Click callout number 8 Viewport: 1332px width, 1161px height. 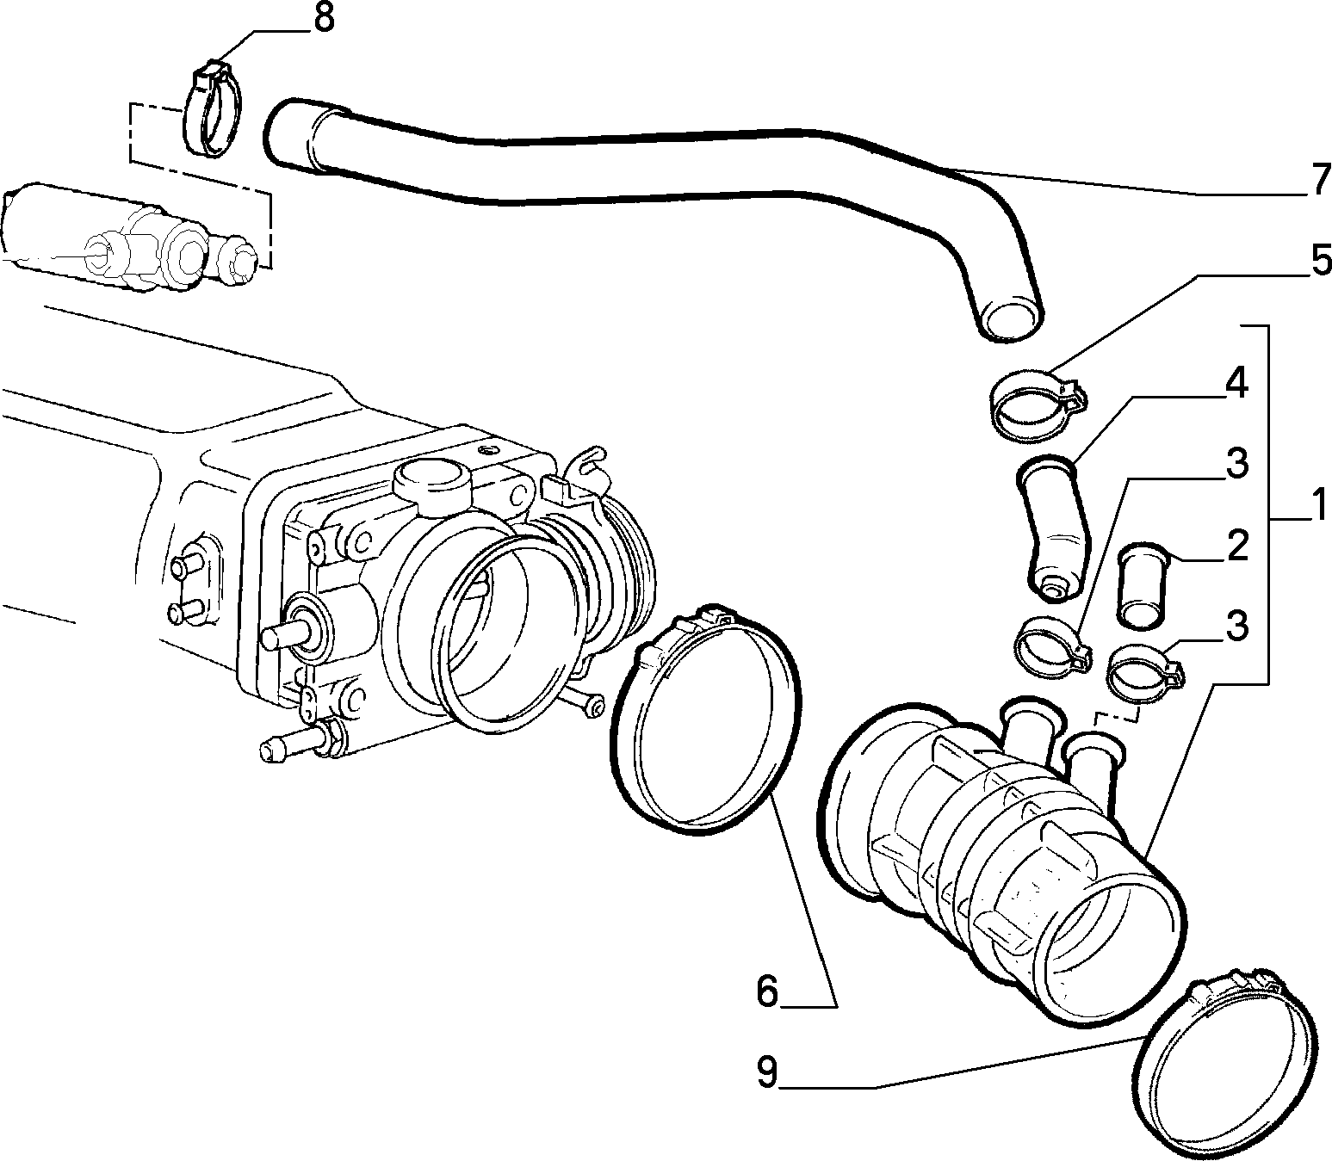[x=324, y=20]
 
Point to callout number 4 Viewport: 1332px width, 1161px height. [x=1236, y=383]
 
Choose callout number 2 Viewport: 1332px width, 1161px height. [x=1237, y=546]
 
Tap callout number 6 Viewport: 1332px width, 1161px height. [x=767, y=991]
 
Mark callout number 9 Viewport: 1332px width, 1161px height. [x=767, y=1072]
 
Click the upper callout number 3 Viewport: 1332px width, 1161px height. [x=1237, y=464]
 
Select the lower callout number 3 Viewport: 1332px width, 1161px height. [x=1237, y=626]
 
